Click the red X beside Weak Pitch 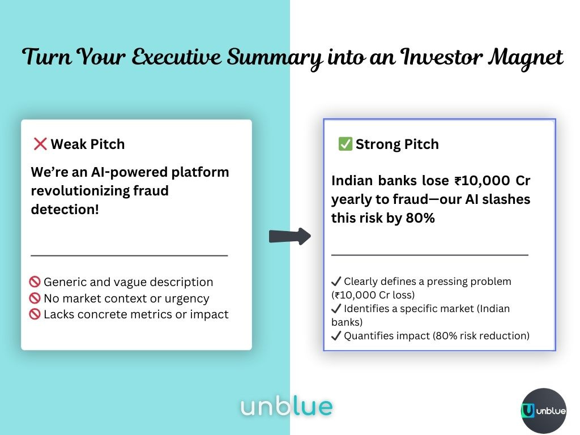[x=40, y=144]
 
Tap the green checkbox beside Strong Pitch [x=345, y=144]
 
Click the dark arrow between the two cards [x=290, y=236]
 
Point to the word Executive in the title [x=177, y=57]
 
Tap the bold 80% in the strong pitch [x=420, y=218]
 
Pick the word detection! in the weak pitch [x=65, y=210]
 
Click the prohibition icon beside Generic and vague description [x=35, y=282]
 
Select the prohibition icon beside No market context [x=35, y=298]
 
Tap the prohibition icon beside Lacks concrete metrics [x=35, y=314]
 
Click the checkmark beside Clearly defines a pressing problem [x=336, y=282]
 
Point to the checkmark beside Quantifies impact [x=336, y=335]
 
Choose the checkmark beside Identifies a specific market [x=336, y=309]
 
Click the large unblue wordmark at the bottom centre [x=287, y=407]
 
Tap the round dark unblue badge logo [x=544, y=410]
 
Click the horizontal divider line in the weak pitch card [x=129, y=255]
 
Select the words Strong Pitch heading [x=397, y=144]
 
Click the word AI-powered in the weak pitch [x=129, y=172]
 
